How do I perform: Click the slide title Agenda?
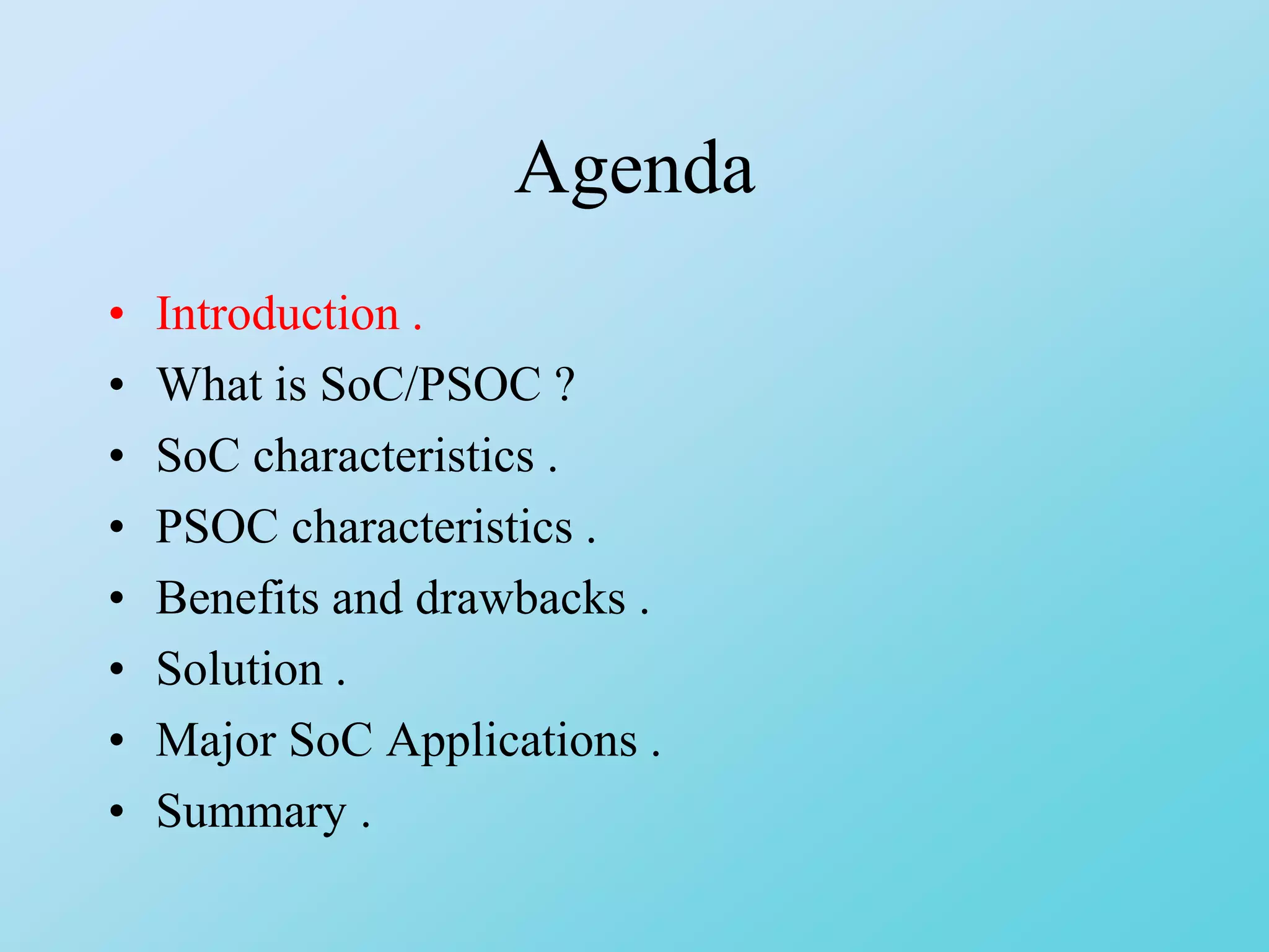[x=634, y=169]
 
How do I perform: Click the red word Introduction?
[x=278, y=314]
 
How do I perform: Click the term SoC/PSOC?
[x=430, y=384]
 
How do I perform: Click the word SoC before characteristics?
[x=198, y=456]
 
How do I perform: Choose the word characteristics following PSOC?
[x=432, y=527]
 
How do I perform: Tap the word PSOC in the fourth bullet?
[x=217, y=527]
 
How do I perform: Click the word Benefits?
[x=237, y=598]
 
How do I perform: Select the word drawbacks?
[x=520, y=598]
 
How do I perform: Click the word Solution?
[x=239, y=669]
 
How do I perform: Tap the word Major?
[x=216, y=741]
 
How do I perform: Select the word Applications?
[x=512, y=741]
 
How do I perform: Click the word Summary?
[x=251, y=812]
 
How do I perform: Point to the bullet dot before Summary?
[x=116, y=811]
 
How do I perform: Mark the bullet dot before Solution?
[x=116, y=669]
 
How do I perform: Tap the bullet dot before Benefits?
[x=116, y=598]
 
